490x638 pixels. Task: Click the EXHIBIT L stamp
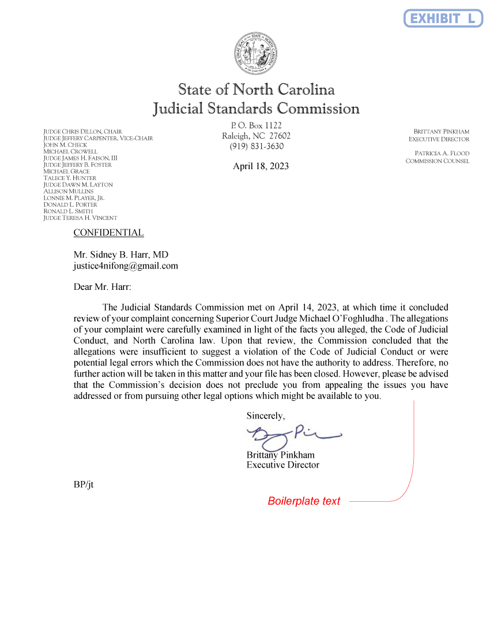coord(443,18)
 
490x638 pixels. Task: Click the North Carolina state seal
coord(257,53)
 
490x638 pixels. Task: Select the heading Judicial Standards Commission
coord(256,109)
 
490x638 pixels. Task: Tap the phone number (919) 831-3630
coord(257,146)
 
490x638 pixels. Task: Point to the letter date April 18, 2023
coord(261,166)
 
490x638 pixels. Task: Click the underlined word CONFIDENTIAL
coord(108,233)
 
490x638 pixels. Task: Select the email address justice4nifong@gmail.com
coord(126,266)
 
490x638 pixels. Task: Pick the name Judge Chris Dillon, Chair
coord(82,132)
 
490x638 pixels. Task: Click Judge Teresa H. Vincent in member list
coord(80,218)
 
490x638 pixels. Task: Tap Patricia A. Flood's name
coord(442,153)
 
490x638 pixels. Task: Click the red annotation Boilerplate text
coord(304,501)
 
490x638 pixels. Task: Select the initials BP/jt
coord(84,484)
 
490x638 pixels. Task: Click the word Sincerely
coord(266,415)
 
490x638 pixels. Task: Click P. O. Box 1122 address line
coord(257,125)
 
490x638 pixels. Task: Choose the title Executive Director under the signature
coord(282,465)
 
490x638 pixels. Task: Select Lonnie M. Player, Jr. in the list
coord(74,197)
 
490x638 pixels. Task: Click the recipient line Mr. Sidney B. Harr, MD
coord(121,255)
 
